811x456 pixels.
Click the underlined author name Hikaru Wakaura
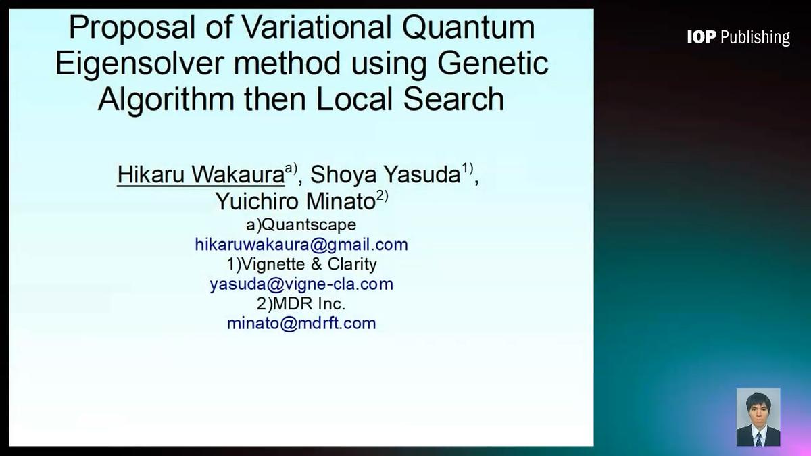pyautogui.click(x=200, y=174)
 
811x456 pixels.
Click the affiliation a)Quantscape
pyautogui.click(x=301, y=224)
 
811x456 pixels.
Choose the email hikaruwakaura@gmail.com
pyautogui.click(x=301, y=244)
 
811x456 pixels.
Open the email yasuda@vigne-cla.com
pyautogui.click(x=301, y=284)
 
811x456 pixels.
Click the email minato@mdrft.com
pyautogui.click(x=301, y=323)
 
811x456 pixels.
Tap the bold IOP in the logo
pyautogui.click(x=702, y=37)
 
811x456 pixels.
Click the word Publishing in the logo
pyautogui.click(x=755, y=38)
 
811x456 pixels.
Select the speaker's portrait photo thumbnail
pyautogui.click(x=758, y=417)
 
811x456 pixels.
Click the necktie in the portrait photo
pyautogui.click(x=758, y=439)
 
